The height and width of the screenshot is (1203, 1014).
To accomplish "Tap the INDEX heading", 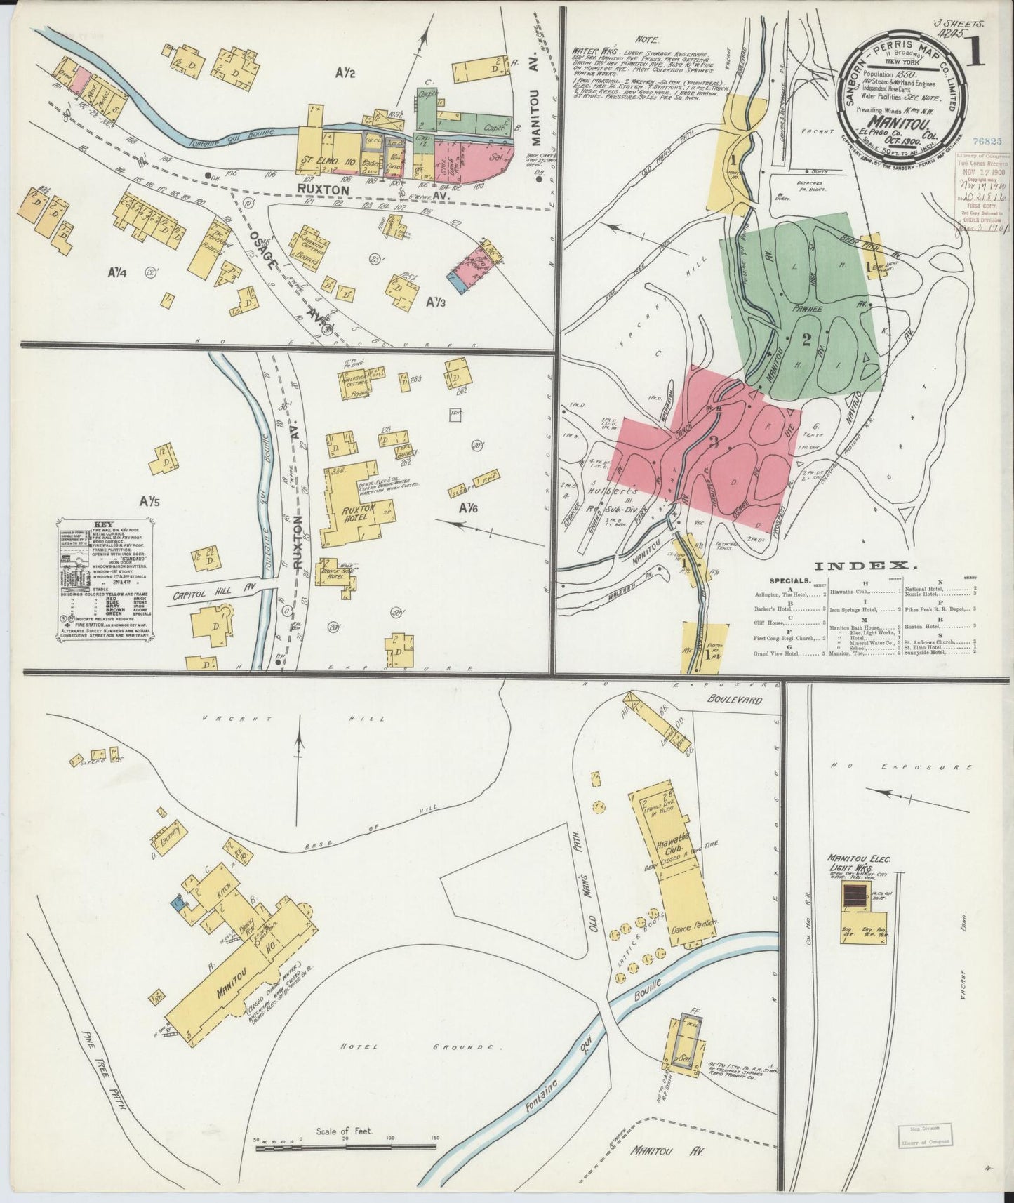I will (x=866, y=565).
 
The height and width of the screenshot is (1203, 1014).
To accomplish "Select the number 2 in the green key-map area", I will (x=806, y=340).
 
